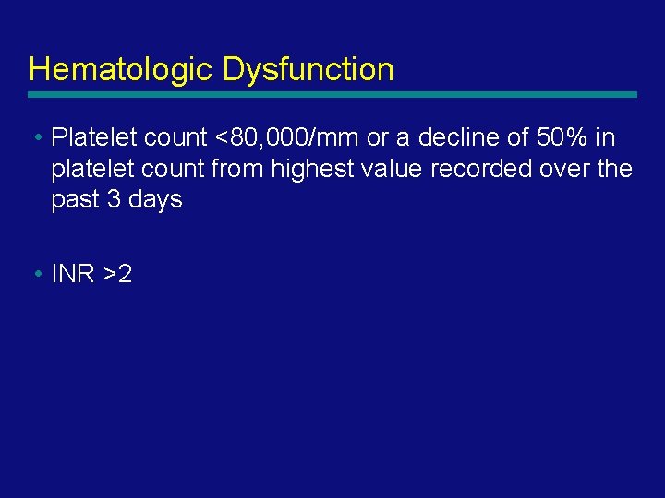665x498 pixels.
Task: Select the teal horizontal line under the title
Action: [x=332, y=94]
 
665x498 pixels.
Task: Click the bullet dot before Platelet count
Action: [x=34, y=138]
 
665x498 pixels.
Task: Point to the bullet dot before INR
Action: [x=34, y=274]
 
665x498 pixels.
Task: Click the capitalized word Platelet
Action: [x=91, y=138]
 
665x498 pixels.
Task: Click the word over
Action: [x=573, y=170]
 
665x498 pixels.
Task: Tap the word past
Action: [x=76, y=200]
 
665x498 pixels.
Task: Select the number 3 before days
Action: [x=115, y=200]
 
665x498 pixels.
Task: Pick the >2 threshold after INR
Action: [x=118, y=274]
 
